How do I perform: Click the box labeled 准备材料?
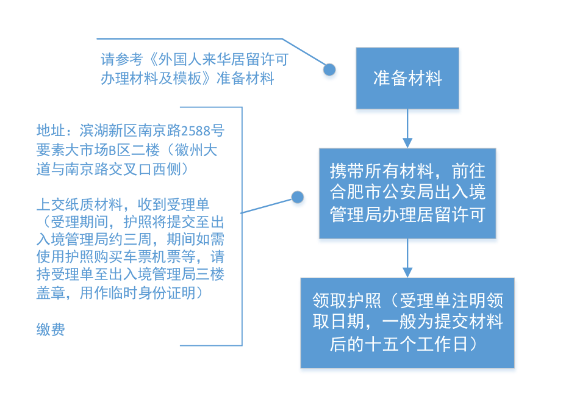(x=407, y=78)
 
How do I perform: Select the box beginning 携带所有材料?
(x=407, y=193)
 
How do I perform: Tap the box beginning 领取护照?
(x=407, y=323)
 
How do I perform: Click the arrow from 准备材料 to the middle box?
(x=407, y=129)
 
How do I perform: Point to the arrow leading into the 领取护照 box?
(x=407, y=258)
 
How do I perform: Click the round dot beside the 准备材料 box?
(x=329, y=70)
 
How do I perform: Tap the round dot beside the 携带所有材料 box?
(x=297, y=197)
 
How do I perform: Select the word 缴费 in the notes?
(x=51, y=329)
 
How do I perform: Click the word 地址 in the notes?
(x=51, y=131)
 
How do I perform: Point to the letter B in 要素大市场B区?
(x=112, y=150)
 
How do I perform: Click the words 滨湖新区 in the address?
(x=109, y=131)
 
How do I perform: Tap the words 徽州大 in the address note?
(x=196, y=150)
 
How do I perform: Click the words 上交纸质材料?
(x=79, y=204)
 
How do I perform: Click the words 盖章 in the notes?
(x=51, y=293)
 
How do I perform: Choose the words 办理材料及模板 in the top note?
(x=151, y=79)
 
